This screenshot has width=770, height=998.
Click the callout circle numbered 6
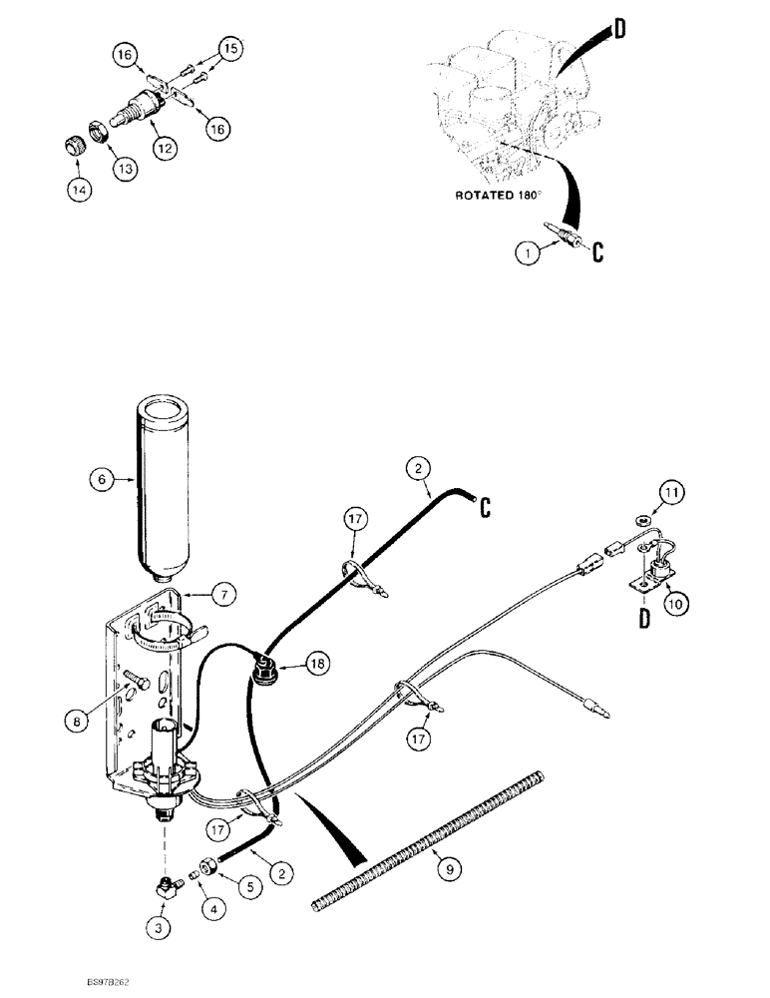point(99,480)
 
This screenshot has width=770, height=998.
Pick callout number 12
point(164,147)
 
